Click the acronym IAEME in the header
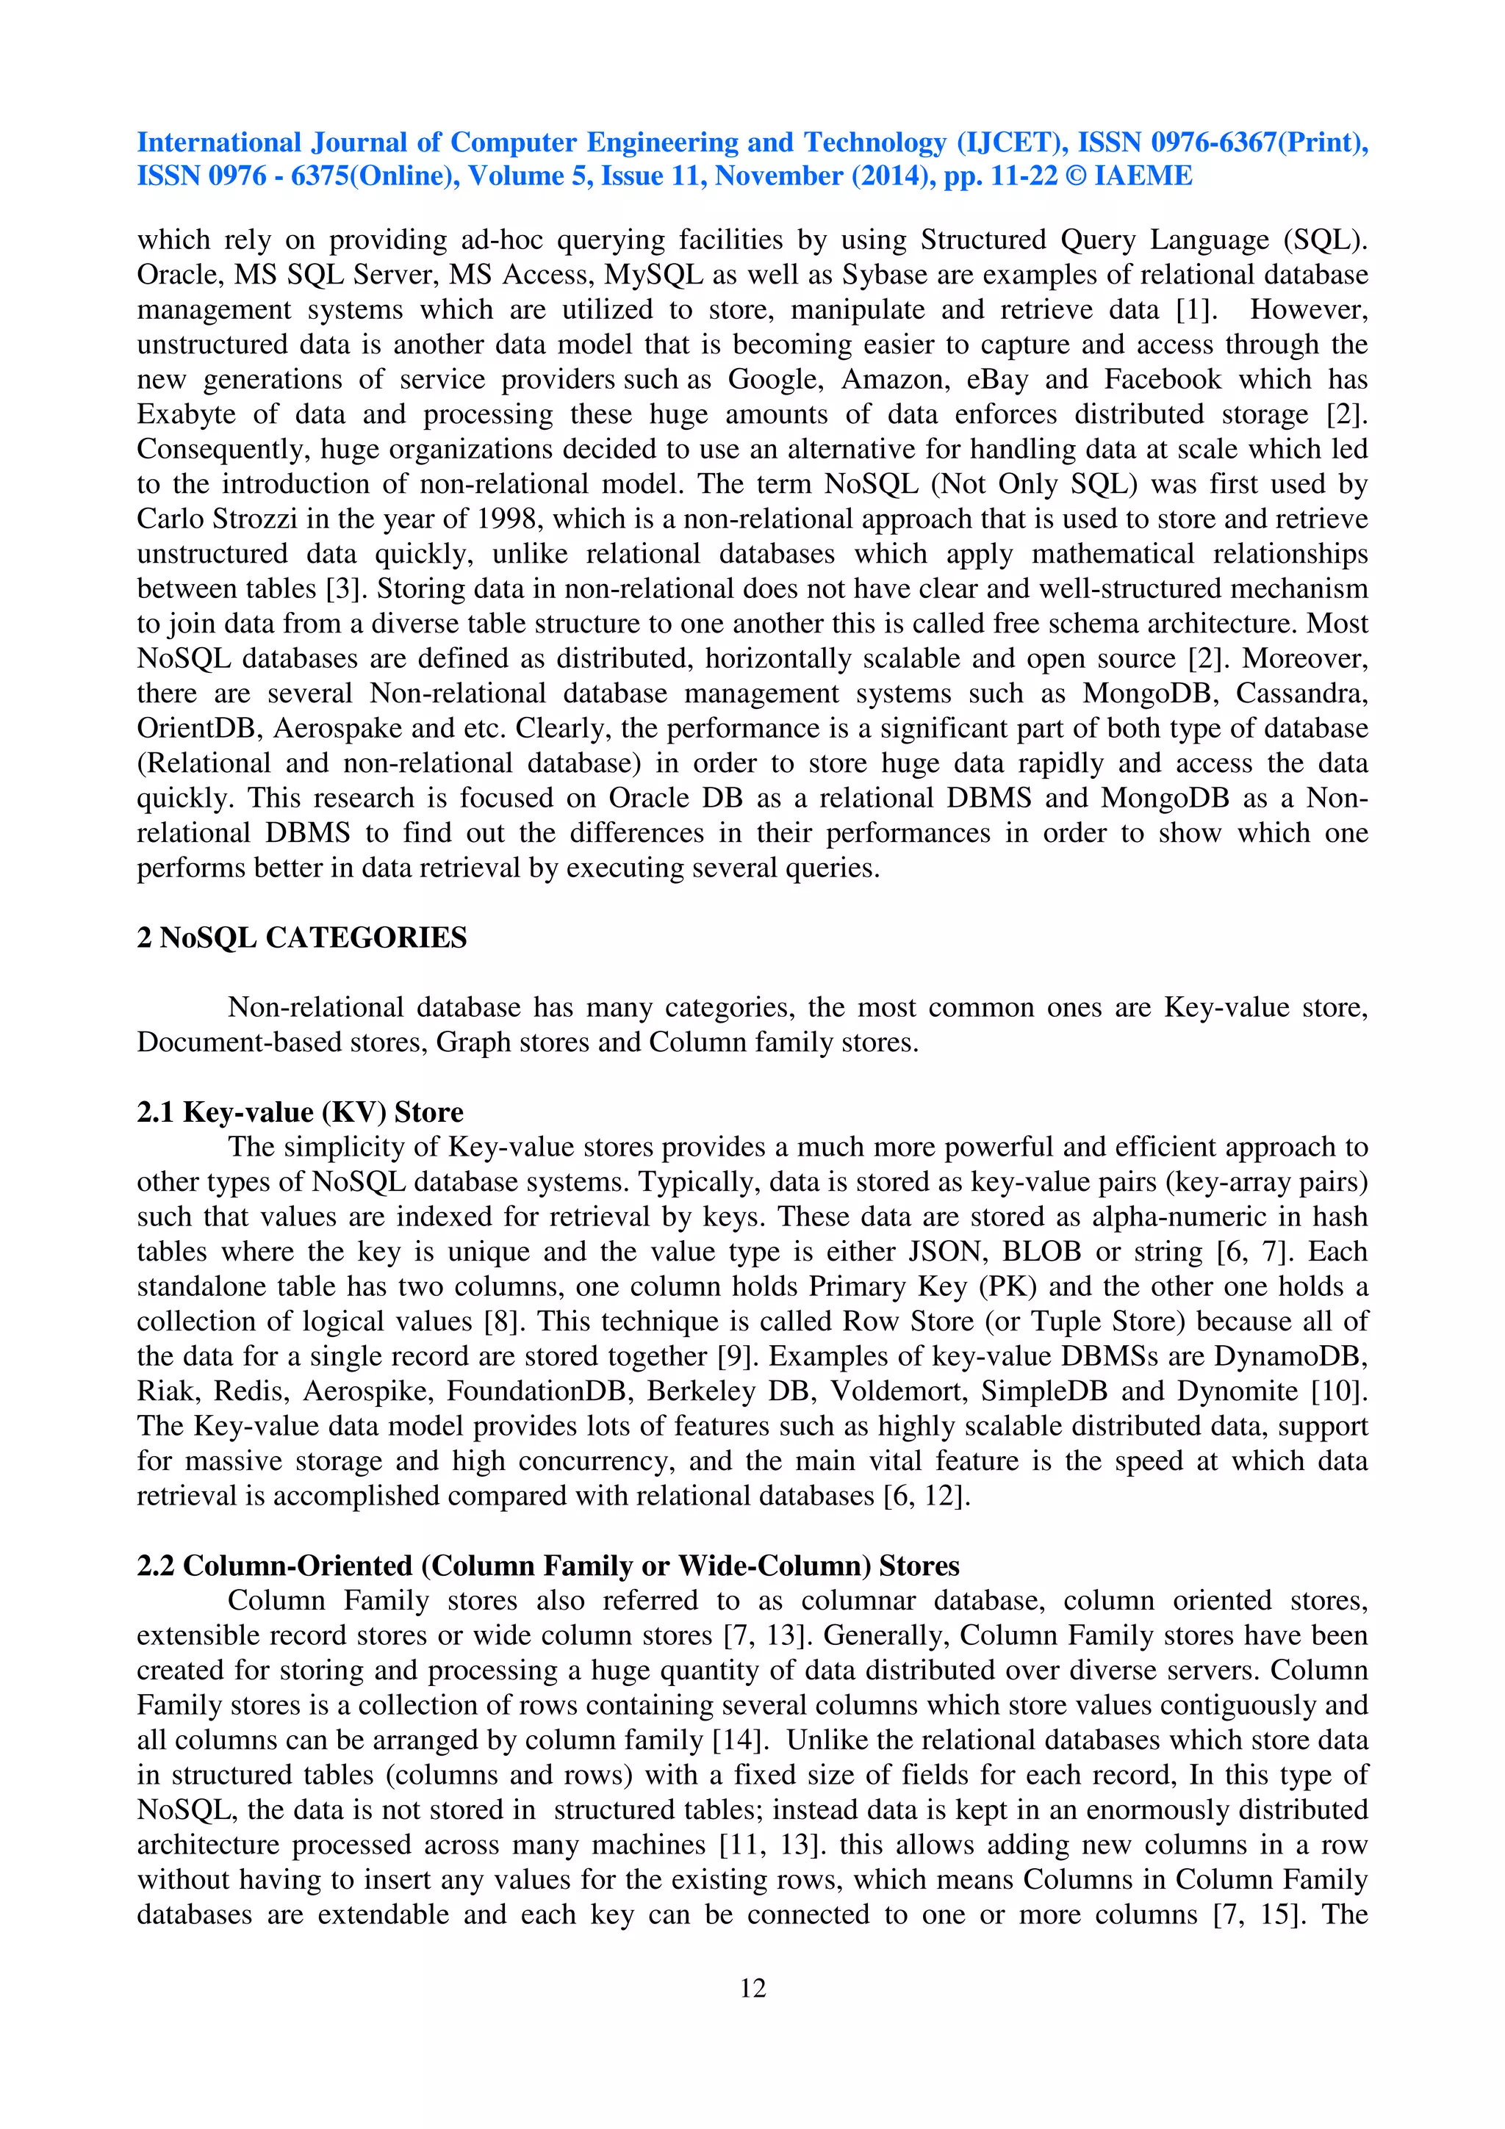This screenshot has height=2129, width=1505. (x=1143, y=176)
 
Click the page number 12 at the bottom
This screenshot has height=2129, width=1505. (x=752, y=1987)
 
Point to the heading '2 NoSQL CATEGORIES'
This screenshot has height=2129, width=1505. (x=301, y=937)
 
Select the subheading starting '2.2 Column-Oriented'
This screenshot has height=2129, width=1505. (x=547, y=1566)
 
